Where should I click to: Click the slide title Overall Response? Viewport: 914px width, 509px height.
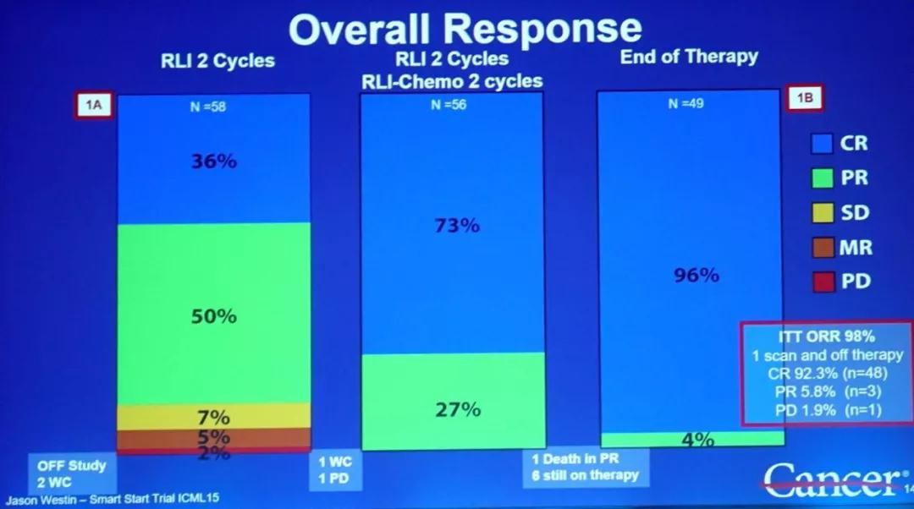point(465,30)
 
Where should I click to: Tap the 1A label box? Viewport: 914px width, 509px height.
point(93,106)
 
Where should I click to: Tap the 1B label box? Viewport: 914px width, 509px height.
point(804,98)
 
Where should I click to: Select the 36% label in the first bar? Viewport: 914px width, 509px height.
point(212,161)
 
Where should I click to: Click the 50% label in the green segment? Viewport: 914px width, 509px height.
point(212,316)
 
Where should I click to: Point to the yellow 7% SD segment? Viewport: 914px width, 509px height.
point(212,416)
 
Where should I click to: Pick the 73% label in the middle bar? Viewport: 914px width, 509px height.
point(456,225)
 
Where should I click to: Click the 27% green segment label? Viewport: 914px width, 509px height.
point(458,409)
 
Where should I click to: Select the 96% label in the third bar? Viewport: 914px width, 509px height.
point(696,275)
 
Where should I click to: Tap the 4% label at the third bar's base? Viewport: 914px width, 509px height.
point(696,440)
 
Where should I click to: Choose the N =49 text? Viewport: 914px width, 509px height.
point(685,104)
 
